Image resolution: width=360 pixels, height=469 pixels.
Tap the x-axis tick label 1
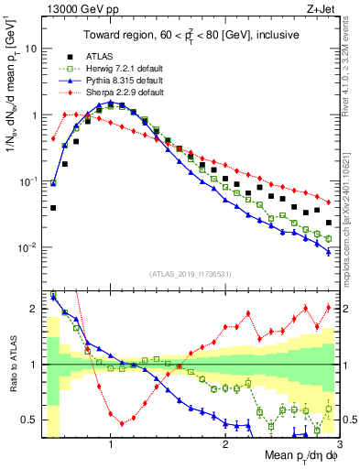pyautogui.click(x=111, y=443)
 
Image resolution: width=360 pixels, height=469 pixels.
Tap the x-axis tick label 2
pyautogui.click(x=225, y=443)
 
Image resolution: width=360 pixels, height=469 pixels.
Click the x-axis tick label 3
pyautogui.click(x=340, y=443)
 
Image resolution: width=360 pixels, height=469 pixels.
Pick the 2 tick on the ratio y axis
pyautogui.click(x=34, y=309)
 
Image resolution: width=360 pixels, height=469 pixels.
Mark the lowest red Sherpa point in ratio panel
pyautogui.click(x=122, y=423)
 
